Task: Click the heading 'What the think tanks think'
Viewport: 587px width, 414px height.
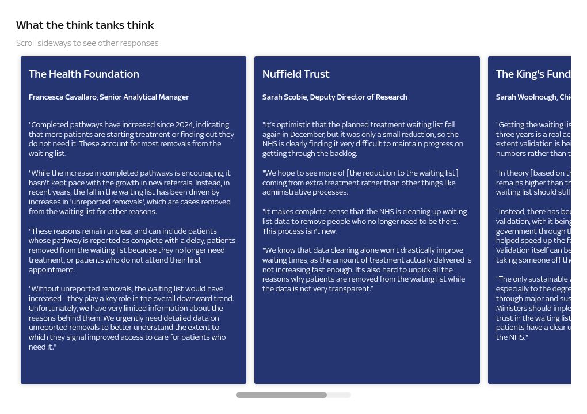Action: [85, 25]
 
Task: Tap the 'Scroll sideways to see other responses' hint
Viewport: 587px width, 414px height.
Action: [87, 43]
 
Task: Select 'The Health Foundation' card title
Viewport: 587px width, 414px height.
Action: [84, 74]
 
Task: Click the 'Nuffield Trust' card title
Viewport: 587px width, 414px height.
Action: [296, 74]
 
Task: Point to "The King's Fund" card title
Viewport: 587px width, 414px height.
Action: [533, 74]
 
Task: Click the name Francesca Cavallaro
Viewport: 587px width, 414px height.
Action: [63, 97]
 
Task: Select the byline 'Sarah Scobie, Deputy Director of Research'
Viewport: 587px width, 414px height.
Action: [335, 97]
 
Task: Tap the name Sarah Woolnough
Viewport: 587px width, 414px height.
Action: [526, 97]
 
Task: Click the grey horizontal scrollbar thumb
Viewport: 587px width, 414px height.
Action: [281, 395]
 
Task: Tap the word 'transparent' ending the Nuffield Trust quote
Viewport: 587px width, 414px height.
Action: [350, 289]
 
